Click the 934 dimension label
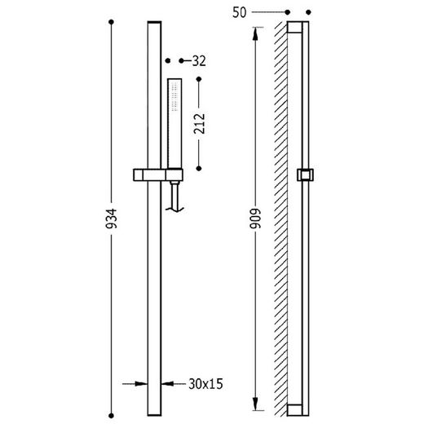[112, 219]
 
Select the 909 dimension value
[255, 219]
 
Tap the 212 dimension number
[199, 124]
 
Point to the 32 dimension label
[199, 61]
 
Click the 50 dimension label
[239, 12]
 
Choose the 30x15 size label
[205, 384]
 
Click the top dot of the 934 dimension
[111, 22]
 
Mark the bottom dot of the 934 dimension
[111, 416]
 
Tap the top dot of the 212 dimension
[199, 79]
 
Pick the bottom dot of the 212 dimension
[199, 169]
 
